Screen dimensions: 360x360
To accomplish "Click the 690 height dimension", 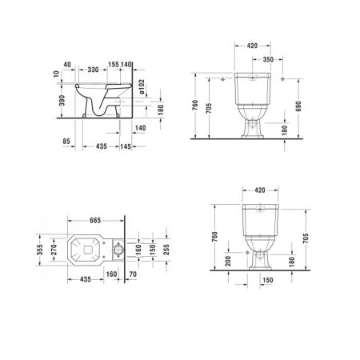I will (299, 106).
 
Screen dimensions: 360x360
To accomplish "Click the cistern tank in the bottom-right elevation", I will (257, 212).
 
